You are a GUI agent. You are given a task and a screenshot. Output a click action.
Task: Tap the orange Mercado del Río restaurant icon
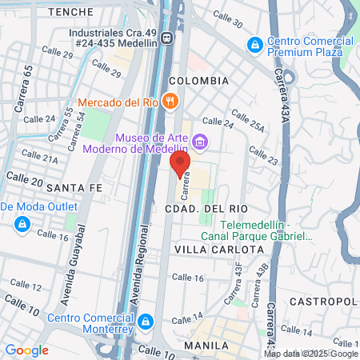pos(169,102)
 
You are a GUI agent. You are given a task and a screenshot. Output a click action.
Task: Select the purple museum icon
pos(199,142)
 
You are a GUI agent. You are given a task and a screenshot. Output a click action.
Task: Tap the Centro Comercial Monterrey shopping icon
pos(145,322)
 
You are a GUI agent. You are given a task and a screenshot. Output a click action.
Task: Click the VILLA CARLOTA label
pos(219,250)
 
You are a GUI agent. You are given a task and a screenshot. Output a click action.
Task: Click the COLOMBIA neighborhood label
pos(199,81)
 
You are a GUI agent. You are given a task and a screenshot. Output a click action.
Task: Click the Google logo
pos(26,350)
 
